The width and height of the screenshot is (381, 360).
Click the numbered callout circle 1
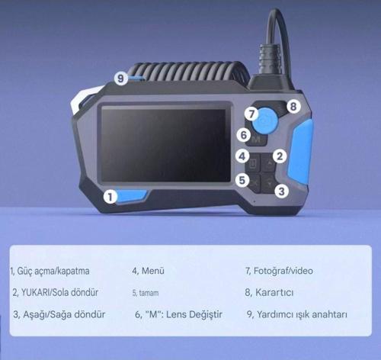coord(110,197)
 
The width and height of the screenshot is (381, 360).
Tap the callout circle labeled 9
coord(120,79)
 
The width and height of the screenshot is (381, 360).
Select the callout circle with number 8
coord(293,106)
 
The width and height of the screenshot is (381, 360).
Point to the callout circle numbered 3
coord(281,191)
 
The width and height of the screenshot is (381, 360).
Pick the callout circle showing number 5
coord(242,180)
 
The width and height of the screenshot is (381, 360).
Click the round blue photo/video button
coord(265,121)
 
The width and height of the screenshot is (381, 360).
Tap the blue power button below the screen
coord(132,196)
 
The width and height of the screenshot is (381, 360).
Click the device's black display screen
coord(163,146)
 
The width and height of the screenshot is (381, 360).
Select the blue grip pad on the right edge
coord(299,153)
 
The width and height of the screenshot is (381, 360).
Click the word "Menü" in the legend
coord(153,271)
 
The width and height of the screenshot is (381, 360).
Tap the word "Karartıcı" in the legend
coord(274,292)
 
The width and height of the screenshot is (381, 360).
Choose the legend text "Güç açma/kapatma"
coord(53,272)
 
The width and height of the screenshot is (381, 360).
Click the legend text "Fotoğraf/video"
coord(283,271)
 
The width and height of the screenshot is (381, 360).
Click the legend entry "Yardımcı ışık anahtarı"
coord(302,314)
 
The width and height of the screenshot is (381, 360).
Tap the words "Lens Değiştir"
coord(194,314)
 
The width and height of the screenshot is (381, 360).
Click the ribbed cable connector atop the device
coord(269,59)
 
